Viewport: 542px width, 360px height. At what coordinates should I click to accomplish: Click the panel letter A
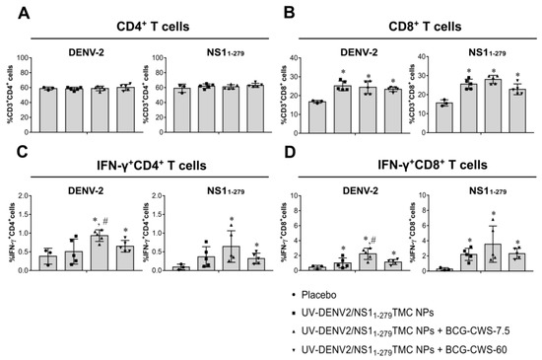click(x=13, y=12)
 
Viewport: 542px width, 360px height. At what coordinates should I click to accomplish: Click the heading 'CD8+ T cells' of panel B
click(x=411, y=14)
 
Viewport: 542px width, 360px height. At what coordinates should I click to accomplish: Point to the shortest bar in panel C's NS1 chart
click(x=180, y=267)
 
